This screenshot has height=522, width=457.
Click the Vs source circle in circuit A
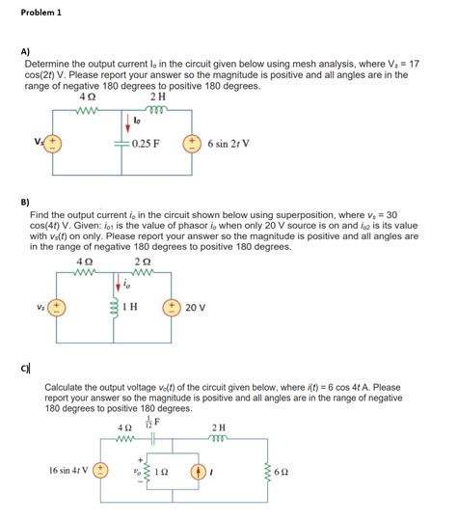point(52,144)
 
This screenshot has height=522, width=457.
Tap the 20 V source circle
point(175,308)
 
